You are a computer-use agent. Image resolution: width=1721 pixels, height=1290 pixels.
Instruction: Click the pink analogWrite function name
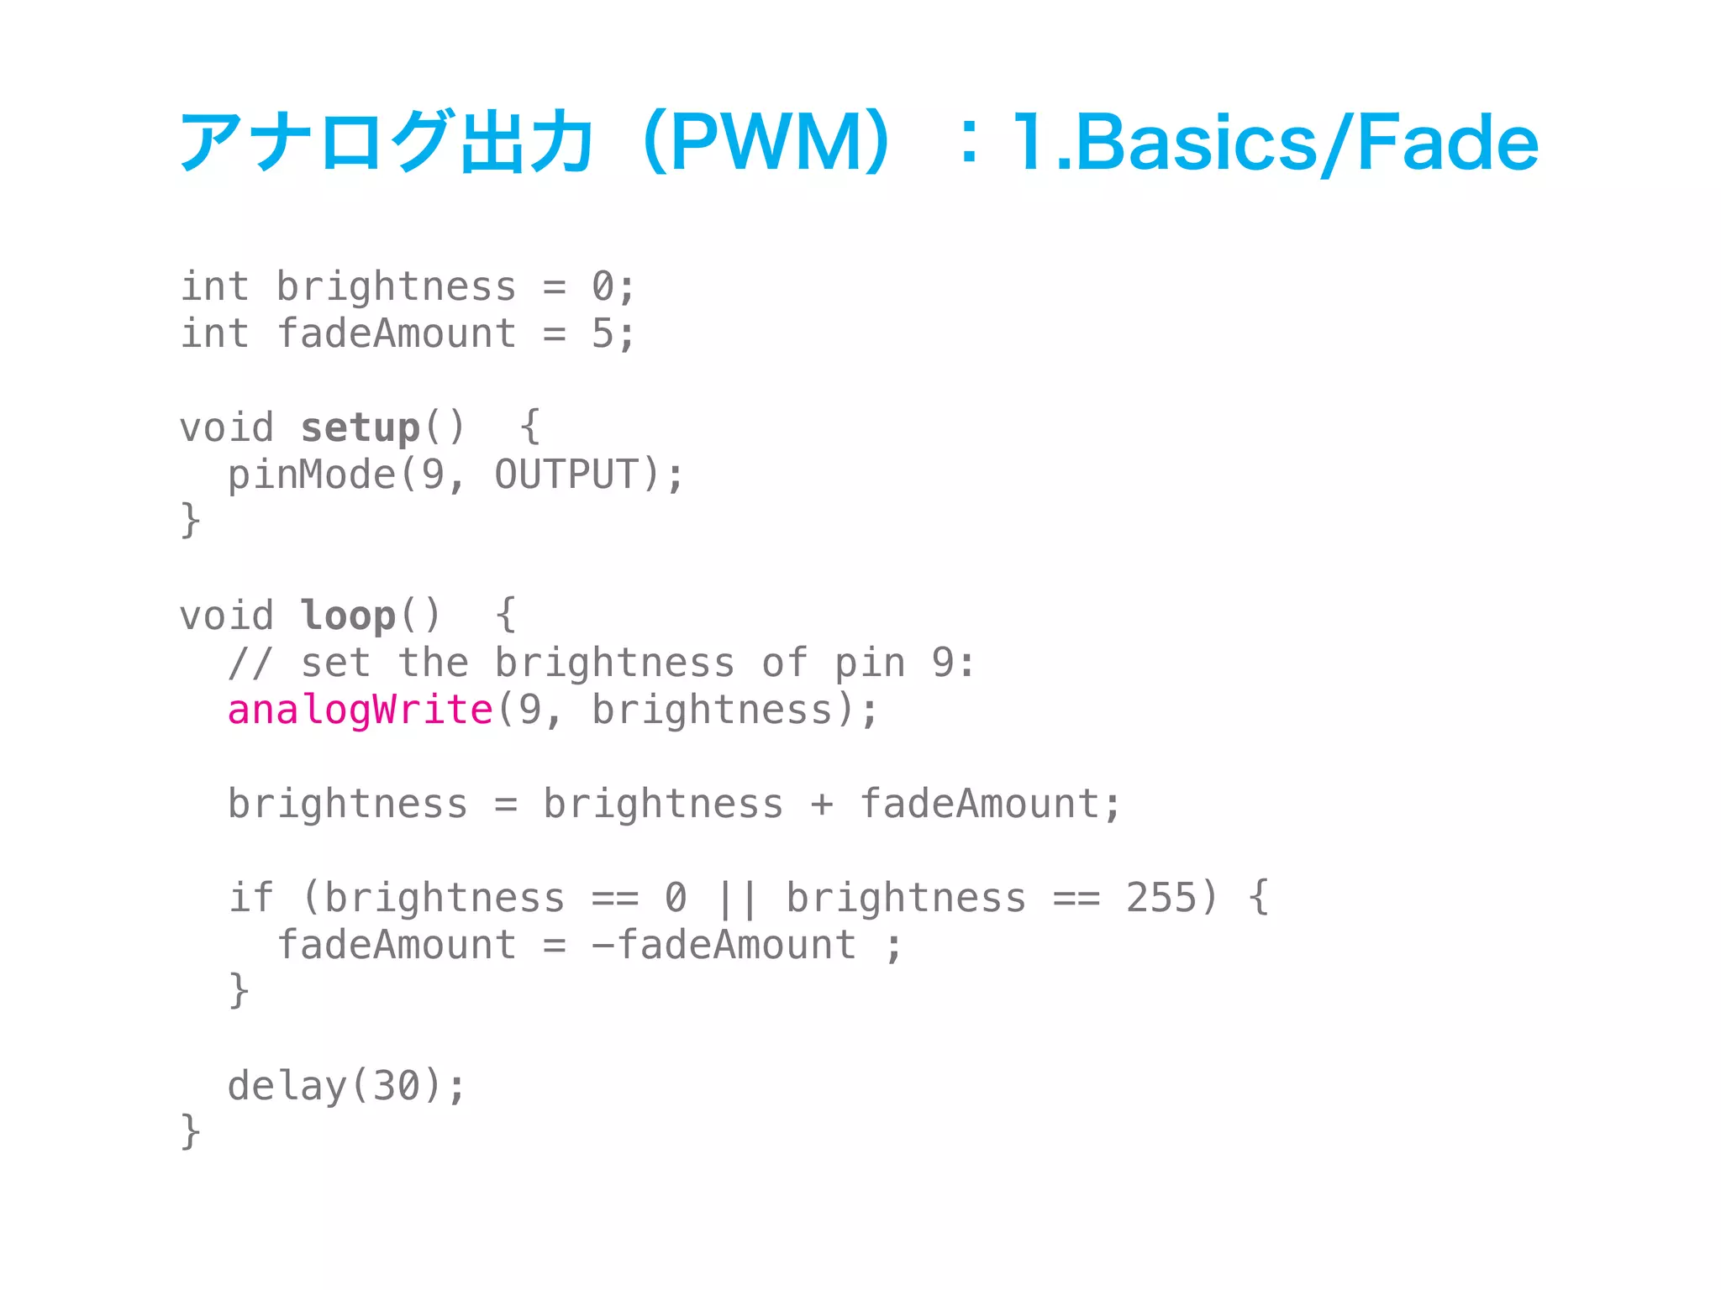click(x=360, y=711)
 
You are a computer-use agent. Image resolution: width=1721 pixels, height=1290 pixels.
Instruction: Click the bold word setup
click(x=360, y=428)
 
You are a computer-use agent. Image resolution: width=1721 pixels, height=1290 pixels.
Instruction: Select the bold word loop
click(x=348, y=616)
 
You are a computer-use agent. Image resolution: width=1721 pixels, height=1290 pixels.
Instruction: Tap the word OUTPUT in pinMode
click(x=566, y=475)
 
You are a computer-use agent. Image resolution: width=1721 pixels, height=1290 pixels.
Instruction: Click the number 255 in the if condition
click(x=1161, y=899)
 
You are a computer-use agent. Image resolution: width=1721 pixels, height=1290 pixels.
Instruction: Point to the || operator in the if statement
click(x=737, y=899)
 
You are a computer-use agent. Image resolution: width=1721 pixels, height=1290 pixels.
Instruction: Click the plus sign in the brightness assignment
click(x=822, y=805)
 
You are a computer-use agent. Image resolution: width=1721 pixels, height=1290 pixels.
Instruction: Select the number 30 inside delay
click(x=396, y=1087)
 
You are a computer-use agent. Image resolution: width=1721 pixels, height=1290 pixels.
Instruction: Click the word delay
click(x=287, y=1087)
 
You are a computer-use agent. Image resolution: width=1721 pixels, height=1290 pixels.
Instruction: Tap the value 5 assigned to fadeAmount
click(x=602, y=334)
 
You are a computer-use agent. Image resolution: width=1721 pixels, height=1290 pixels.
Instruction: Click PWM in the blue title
click(x=765, y=143)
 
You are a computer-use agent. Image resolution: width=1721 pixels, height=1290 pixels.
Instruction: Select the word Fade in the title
click(x=1447, y=143)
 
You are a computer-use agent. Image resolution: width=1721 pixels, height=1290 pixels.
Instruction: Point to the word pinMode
click(x=311, y=475)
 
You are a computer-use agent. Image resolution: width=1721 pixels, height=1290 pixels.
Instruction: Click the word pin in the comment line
click(x=870, y=663)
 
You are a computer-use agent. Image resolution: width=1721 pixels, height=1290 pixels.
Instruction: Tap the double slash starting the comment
click(x=250, y=663)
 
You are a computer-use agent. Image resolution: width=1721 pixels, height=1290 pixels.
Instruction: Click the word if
click(x=250, y=899)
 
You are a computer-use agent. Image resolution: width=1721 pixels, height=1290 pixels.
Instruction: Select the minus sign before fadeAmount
click(x=603, y=946)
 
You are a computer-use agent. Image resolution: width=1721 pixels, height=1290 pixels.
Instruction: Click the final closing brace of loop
click(x=191, y=1131)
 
